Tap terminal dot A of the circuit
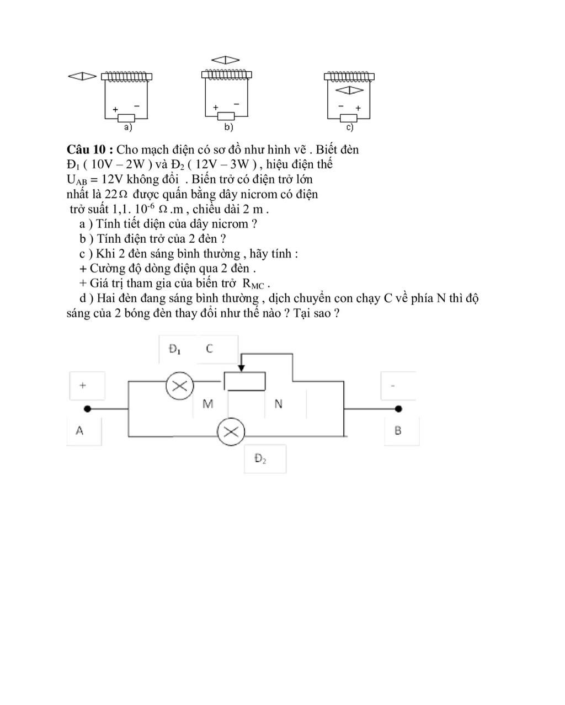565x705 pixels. [x=87, y=409]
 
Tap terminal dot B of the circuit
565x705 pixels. [x=398, y=409]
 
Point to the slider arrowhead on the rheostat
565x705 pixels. [x=241, y=368]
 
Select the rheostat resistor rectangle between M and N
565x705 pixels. [x=244, y=381]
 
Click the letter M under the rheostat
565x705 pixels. [x=207, y=404]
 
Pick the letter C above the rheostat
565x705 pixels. [x=209, y=349]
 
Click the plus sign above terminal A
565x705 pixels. [x=83, y=385]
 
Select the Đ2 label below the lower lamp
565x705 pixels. [x=260, y=458]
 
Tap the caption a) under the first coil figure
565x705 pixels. [x=128, y=128]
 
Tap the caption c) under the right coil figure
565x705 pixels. [x=349, y=128]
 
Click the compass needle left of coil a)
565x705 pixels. [x=82, y=77]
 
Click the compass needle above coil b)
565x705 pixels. [x=226, y=60]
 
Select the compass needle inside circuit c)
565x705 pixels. [x=350, y=89]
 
